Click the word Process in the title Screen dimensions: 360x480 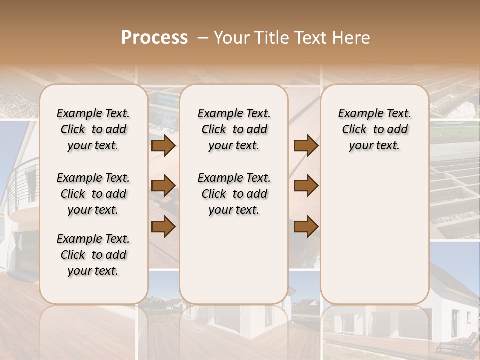tap(154, 38)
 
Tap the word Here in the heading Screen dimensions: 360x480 tap(352, 38)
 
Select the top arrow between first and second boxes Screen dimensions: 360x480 tap(163, 146)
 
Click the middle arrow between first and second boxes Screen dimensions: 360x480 tap(163, 186)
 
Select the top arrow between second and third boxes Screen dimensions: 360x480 tap(306, 146)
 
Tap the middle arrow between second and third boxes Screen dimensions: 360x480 tap(306, 186)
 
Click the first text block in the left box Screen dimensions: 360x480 tap(93, 129)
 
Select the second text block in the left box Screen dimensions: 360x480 tap(93, 194)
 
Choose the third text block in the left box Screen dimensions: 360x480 tap(93, 255)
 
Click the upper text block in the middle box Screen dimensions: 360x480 tap(234, 129)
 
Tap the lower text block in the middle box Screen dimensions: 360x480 tap(234, 194)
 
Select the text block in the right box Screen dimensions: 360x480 tap(374, 129)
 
